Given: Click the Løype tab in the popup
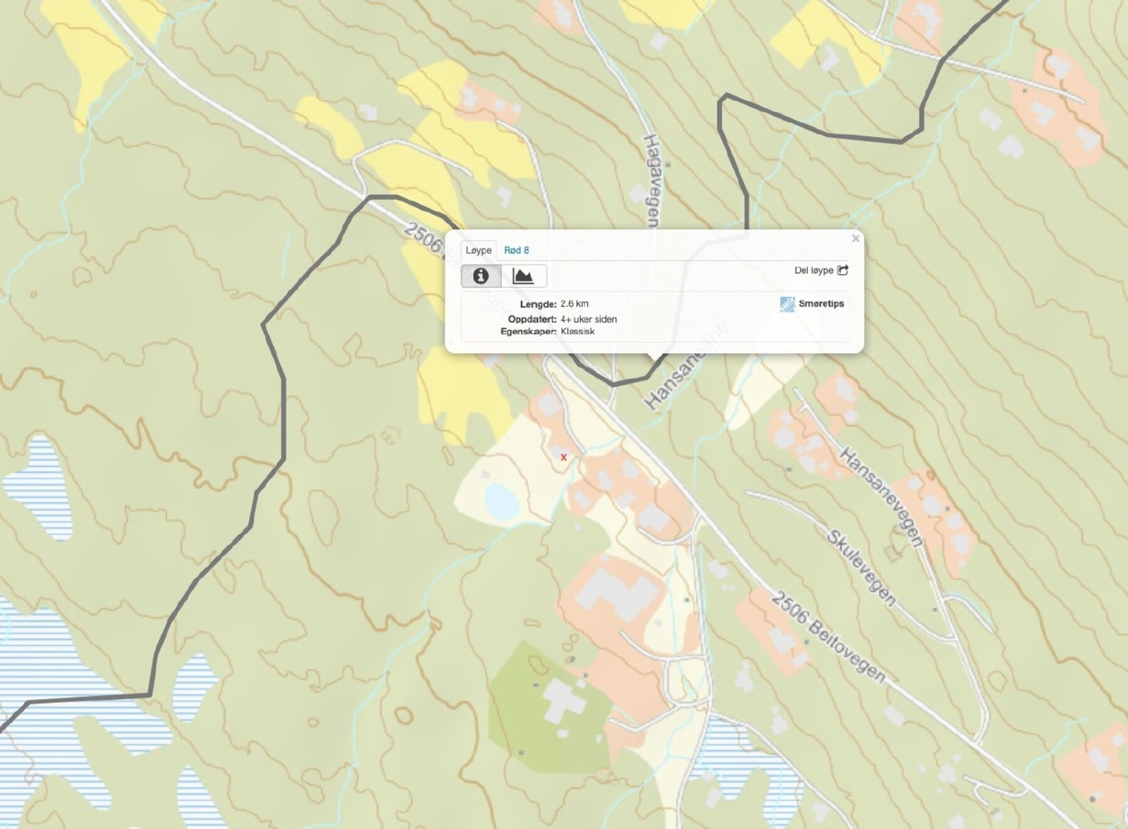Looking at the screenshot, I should tap(479, 250).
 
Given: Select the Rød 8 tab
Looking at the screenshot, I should tap(516, 250).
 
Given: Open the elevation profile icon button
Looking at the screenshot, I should tap(523, 276).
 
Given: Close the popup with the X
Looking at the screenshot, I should tap(855, 239).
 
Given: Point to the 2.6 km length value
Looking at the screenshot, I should tap(575, 304).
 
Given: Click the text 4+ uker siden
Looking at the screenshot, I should tap(589, 319).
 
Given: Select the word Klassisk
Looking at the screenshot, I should tap(578, 331).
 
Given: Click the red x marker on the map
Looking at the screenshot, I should tap(563, 458).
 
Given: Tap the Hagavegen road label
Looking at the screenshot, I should tap(652, 180).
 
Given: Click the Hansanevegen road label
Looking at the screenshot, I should tap(881, 496).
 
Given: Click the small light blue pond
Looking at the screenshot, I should tap(502, 501).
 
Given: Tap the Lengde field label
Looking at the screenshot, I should tap(539, 305).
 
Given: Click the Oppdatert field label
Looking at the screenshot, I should tap(532, 319).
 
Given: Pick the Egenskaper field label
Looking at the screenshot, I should tap(529, 331).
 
